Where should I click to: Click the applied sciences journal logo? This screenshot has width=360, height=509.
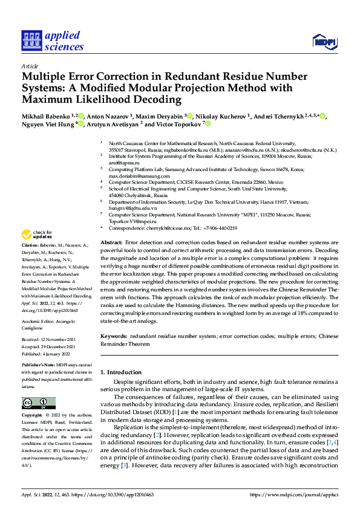(53, 41)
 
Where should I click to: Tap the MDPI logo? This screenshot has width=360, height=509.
(324, 41)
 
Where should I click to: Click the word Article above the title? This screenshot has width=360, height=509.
(30, 66)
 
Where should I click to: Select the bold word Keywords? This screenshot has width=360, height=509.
(114, 335)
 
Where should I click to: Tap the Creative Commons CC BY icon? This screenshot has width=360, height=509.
(38, 403)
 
